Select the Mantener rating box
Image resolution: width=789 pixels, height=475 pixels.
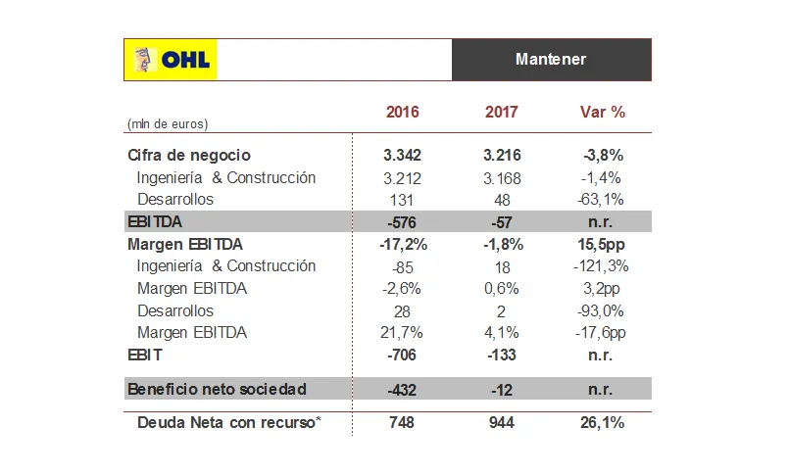551,60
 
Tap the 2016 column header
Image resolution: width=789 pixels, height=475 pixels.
402,113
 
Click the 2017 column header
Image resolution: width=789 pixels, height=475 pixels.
502,113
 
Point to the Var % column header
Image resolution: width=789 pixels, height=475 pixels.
603,113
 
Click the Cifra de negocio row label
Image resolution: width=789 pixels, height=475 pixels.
189,155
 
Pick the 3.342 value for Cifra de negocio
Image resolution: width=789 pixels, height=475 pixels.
402,156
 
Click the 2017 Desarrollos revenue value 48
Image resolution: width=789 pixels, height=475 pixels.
502,200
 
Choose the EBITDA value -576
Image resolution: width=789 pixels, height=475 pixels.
402,221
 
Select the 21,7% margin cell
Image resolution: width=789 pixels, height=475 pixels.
402,333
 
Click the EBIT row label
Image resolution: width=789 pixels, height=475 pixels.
145,356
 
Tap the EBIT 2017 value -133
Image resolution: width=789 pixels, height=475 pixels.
502,356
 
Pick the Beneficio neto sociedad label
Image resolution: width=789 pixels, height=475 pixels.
217,390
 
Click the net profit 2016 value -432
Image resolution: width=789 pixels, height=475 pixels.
402,390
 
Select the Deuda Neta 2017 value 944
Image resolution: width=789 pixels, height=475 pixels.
502,423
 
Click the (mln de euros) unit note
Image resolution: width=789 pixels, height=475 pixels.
168,124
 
